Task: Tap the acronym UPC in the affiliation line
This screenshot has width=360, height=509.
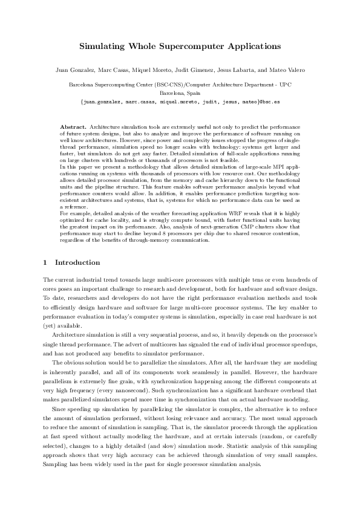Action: point(284,85)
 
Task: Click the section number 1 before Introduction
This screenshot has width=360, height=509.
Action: point(46,263)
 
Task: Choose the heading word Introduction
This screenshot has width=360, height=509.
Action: point(78,263)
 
